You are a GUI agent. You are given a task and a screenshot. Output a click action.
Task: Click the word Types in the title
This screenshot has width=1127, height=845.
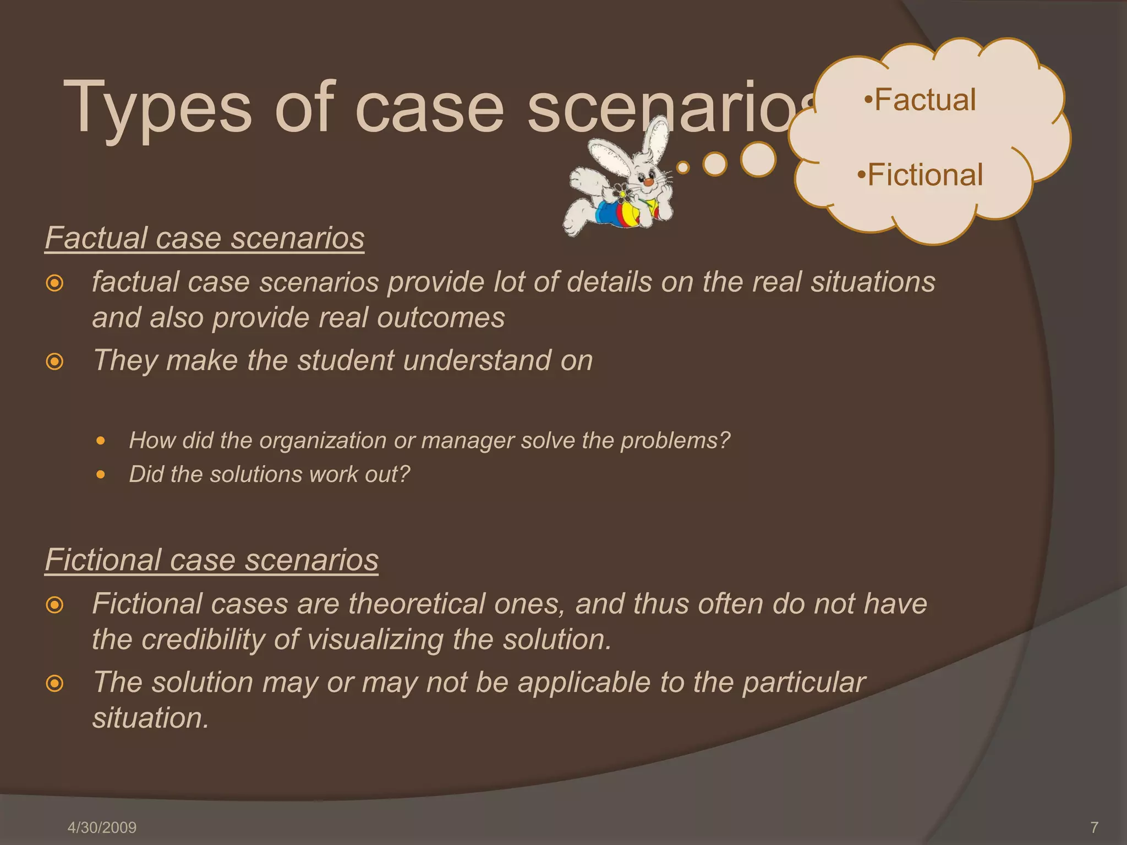pos(157,108)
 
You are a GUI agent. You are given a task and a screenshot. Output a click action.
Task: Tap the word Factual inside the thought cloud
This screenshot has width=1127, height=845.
pos(924,100)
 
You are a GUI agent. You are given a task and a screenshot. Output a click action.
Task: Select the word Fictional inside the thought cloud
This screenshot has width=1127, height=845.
pos(925,175)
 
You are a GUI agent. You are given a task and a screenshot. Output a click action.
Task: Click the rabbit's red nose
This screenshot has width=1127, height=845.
pos(649,182)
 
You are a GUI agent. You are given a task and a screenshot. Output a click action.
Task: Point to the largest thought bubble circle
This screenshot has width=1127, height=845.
pos(758,160)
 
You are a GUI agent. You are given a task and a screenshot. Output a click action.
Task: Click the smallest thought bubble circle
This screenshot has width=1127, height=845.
pos(683,167)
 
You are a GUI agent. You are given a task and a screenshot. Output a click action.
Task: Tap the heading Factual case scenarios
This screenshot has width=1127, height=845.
pos(204,238)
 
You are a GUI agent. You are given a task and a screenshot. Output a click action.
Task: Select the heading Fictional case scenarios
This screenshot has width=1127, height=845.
pos(211,559)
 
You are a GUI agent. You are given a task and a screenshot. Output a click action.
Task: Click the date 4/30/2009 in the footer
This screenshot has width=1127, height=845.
pos(102,827)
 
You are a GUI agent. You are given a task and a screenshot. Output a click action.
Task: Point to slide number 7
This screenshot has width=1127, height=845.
pos(1094,827)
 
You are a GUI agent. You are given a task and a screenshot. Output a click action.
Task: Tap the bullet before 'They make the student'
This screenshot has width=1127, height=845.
pos(54,362)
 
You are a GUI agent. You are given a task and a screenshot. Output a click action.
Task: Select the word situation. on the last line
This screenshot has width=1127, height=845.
pos(151,718)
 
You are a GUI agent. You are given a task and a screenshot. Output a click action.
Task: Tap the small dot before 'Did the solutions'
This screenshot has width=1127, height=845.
pos(100,474)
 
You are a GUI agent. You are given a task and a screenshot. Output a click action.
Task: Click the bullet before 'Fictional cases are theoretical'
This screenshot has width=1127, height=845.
pos(54,606)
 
